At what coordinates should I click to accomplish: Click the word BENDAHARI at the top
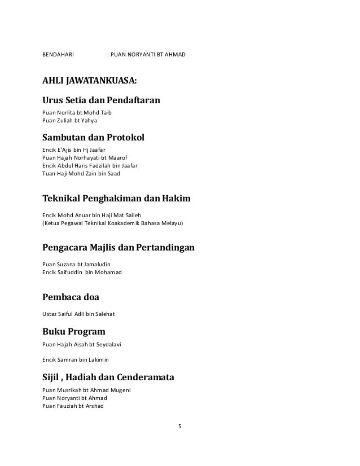(x=59, y=56)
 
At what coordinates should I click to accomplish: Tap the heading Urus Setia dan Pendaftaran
(x=102, y=101)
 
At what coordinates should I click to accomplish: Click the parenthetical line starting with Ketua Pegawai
(x=113, y=223)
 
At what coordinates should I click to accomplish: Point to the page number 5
(x=179, y=426)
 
